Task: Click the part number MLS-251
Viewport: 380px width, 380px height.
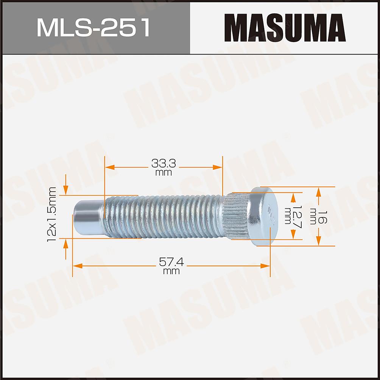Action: pos(93,28)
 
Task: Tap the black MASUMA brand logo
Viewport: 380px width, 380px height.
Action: pos(285,28)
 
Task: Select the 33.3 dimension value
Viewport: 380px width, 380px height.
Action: pos(164,164)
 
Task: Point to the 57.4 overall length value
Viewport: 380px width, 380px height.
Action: pos(171,262)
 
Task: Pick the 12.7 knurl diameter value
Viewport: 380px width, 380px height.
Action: pos(296,217)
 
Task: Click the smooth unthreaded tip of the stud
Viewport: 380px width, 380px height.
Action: pos(89,216)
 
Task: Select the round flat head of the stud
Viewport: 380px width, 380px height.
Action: pos(265,216)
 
